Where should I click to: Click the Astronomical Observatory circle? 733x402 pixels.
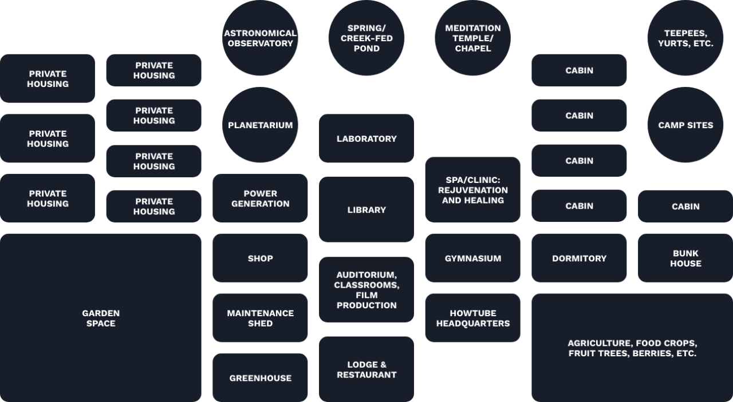pos(260,38)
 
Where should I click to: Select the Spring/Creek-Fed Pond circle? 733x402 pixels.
pos(366,38)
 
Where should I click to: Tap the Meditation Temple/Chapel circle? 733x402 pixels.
pos(473,38)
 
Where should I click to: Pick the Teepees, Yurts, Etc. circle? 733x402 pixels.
pos(685,38)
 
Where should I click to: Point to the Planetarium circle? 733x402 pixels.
pos(260,125)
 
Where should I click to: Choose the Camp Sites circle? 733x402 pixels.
pos(685,125)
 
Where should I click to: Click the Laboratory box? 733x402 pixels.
pos(366,138)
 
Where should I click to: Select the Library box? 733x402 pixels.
pos(366,209)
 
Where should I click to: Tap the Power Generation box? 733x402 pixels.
pos(260,198)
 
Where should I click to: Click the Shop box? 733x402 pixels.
pos(260,258)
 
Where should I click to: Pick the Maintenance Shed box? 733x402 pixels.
pos(260,318)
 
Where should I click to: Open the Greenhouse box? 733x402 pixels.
pos(260,377)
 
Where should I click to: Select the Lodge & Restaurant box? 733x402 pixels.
pos(366,369)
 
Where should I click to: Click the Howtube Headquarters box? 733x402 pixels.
pos(473,318)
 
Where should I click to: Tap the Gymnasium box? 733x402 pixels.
pos(473,258)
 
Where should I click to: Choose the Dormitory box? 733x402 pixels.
pos(579,258)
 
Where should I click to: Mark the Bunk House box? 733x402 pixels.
pos(685,258)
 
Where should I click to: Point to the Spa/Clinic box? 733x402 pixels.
pos(473,189)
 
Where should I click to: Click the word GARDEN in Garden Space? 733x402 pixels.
pos(101,313)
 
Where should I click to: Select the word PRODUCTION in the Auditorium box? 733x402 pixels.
pos(366,305)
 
